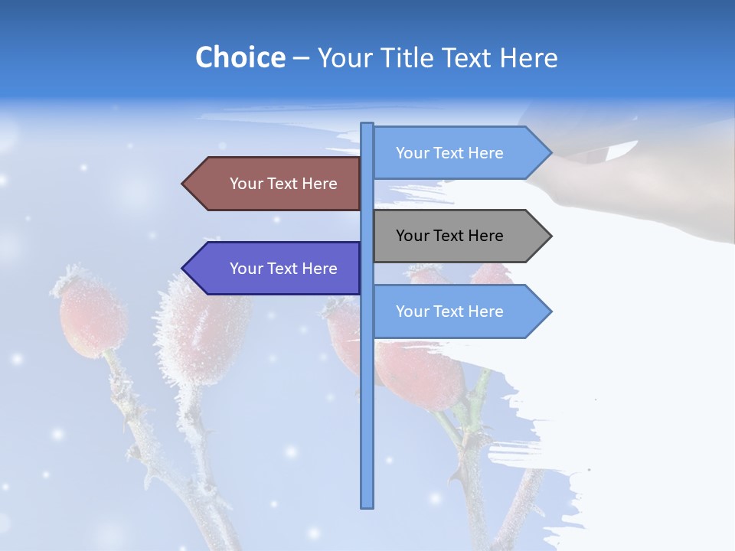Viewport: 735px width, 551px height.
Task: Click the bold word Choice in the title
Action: [240, 57]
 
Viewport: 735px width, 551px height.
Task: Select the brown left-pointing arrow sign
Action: [276, 184]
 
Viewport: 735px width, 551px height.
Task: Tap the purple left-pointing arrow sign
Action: [276, 269]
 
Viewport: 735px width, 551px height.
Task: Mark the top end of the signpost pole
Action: [367, 126]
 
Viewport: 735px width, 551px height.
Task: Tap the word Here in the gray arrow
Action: [484, 236]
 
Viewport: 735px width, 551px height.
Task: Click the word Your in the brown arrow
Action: [247, 184]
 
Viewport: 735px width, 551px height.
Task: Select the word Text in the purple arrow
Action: [283, 269]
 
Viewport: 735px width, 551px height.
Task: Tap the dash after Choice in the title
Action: [301, 58]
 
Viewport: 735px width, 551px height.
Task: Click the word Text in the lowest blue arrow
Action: [449, 311]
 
